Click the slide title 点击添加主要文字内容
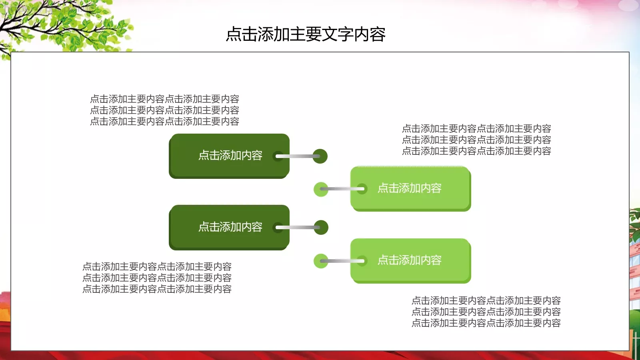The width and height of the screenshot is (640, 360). click(x=306, y=34)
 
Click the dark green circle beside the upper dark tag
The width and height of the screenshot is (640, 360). click(x=320, y=156)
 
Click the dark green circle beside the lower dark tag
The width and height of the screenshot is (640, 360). click(x=321, y=227)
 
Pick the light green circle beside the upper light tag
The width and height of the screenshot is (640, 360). click(x=321, y=189)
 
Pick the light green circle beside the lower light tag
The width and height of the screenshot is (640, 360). click(x=321, y=261)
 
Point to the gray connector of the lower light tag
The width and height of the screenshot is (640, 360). click(x=342, y=261)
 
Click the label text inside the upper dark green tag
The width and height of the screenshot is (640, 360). click(x=230, y=156)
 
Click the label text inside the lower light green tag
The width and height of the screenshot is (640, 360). click(x=409, y=260)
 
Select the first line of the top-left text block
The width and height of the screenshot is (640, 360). click(x=164, y=99)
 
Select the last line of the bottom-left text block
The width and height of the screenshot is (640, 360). click(x=157, y=289)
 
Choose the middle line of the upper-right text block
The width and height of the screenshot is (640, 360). click(x=476, y=140)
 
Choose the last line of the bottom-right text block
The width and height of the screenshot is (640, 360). click(x=486, y=323)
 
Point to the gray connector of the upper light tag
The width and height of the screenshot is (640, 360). click(x=342, y=189)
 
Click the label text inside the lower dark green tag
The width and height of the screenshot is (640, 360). click(x=230, y=227)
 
